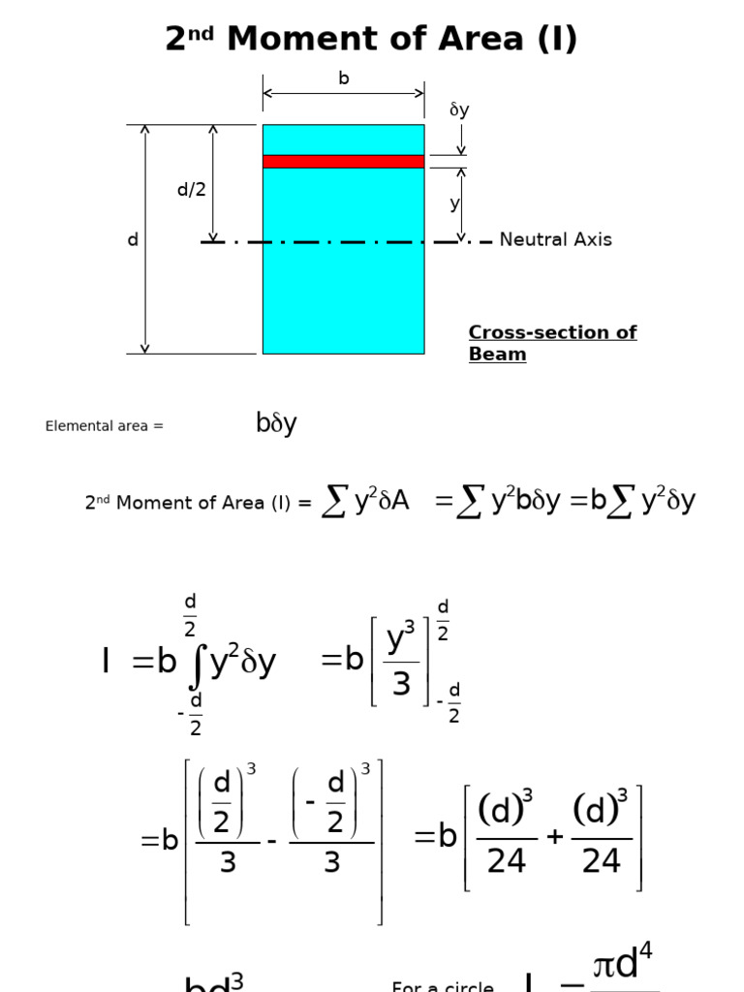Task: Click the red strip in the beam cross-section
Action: coord(343,162)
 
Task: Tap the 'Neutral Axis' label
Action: coord(555,239)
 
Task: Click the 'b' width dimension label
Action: coord(343,78)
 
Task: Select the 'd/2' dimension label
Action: coord(191,190)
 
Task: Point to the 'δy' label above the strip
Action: coord(459,110)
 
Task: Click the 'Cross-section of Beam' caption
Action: coord(551,343)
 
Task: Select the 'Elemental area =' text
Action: coord(105,426)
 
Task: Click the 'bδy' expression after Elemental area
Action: coord(276,424)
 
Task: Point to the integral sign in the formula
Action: coord(197,663)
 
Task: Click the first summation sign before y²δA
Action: coord(333,501)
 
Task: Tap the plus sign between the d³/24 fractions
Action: coord(554,836)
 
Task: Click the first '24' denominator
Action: coord(507,861)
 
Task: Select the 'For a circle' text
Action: coord(442,986)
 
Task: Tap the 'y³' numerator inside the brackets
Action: coord(401,639)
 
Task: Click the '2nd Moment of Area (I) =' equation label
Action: coord(199,503)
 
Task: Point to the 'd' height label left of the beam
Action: coord(133,239)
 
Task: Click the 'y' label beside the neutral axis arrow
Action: coord(453,204)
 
